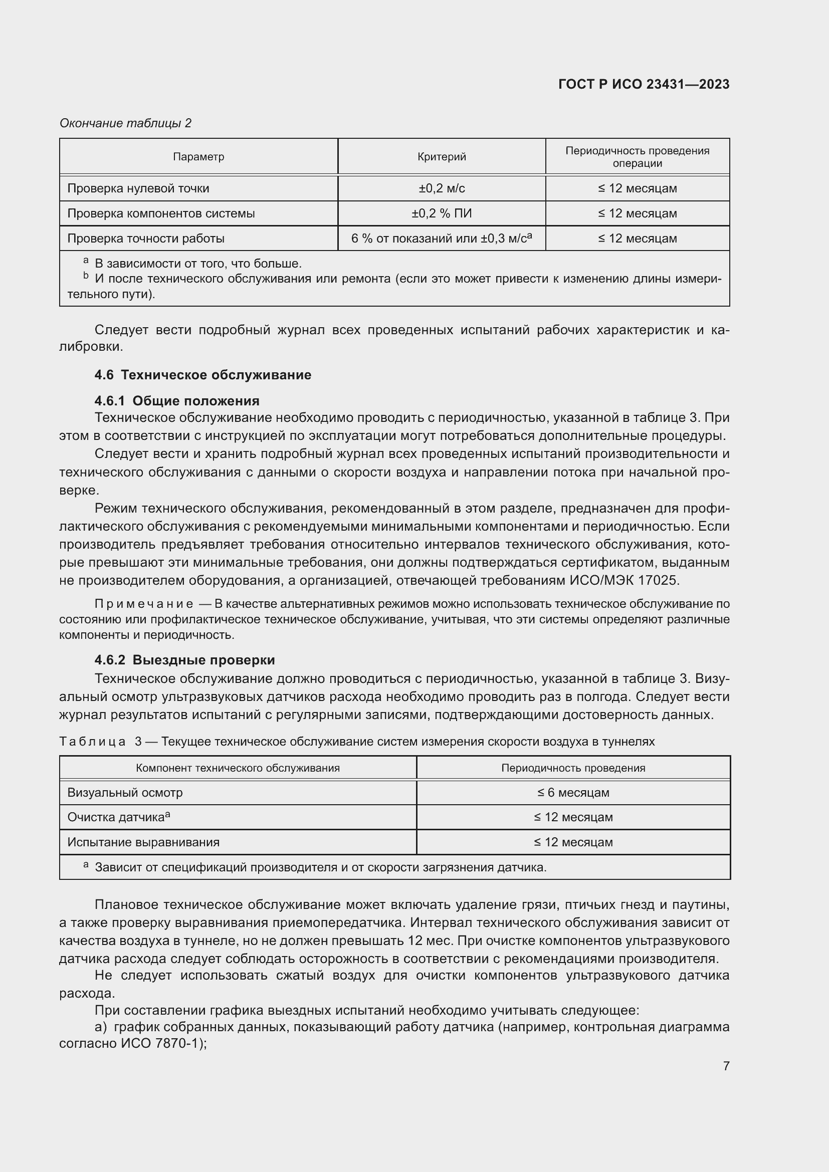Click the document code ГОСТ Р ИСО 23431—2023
point(644,84)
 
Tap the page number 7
point(726,1066)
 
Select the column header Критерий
point(442,157)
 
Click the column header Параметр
point(198,157)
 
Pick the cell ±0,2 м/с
point(442,188)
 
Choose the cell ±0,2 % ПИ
point(442,213)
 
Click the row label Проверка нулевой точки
point(138,188)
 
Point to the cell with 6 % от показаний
point(442,239)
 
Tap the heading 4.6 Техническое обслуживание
point(202,375)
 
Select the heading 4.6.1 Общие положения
point(176,401)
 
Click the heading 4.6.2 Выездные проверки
point(184,660)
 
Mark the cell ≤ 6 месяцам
point(573,793)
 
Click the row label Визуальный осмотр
point(125,793)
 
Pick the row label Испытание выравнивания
point(143,842)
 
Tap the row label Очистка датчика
point(118,817)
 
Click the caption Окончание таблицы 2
point(126,123)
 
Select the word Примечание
point(144,604)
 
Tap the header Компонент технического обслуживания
point(238,768)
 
